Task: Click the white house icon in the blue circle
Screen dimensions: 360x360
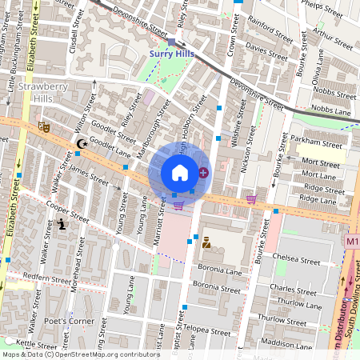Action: [180, 173]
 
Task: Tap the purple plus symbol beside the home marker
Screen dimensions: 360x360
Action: [203, 172]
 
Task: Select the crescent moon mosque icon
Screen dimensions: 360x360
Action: [80, 143]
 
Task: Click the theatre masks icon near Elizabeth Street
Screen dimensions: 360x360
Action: [43, 126]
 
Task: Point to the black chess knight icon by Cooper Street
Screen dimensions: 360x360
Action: [62, 226]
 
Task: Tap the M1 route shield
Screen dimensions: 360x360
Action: [352, 240]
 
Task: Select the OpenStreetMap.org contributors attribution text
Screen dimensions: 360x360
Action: [108, 354]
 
